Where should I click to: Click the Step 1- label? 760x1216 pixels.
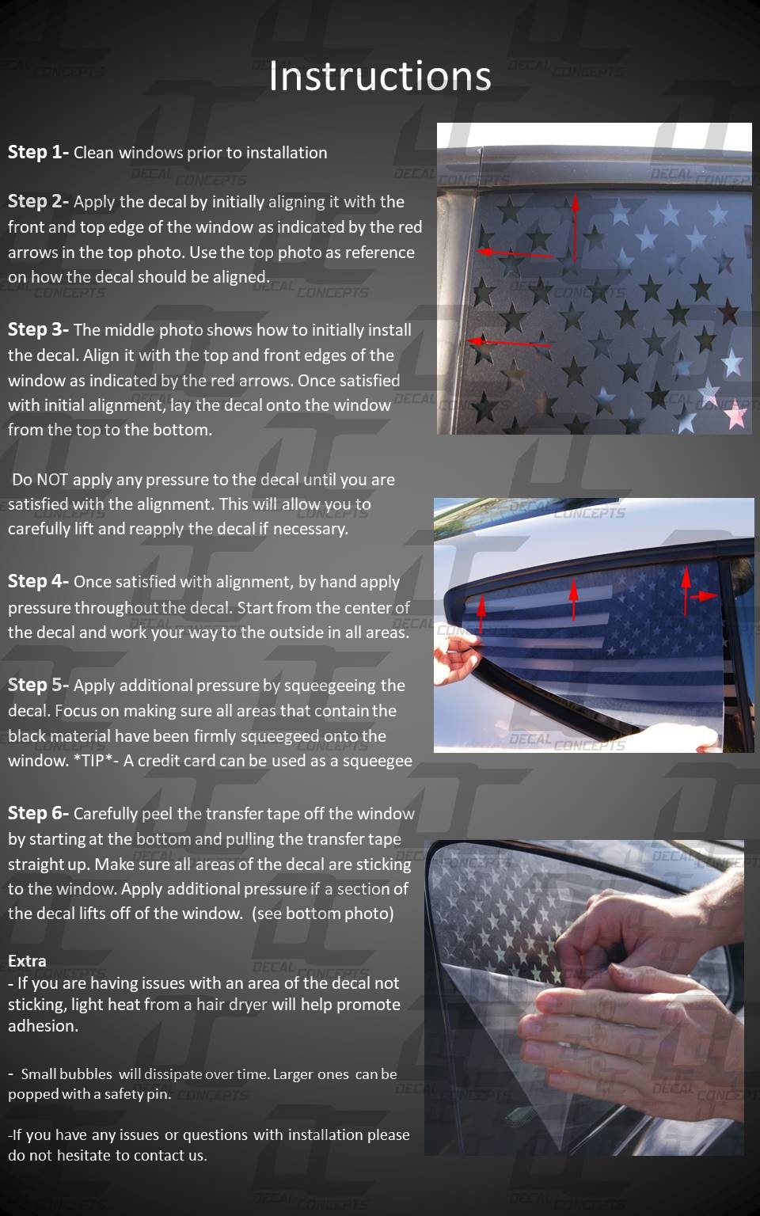[38, 153]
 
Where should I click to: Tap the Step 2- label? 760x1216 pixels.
[38, 201]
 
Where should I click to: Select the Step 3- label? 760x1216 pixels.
[38, 329]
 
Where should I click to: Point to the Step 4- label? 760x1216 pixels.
[38, 581]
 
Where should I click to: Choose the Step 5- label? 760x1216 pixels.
[38, 685]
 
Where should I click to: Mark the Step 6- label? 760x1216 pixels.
[38, 813]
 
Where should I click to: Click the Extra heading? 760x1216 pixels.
[27, 961]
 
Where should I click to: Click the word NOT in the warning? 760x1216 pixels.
[52, 480]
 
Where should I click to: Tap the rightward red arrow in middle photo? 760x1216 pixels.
[704, 596]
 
